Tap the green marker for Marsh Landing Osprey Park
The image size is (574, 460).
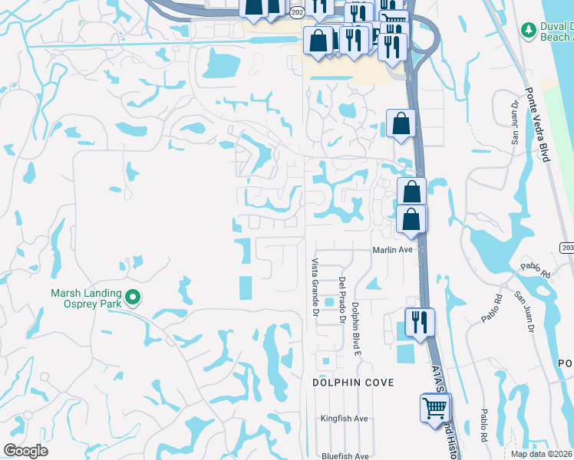[x=133, y=297]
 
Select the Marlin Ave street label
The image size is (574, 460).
[x=393, y=250]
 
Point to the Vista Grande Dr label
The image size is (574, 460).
[x=314, y=287]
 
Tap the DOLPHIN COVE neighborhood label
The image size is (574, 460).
[x=353, y=382]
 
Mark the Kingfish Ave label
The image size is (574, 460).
[x=345, y=419]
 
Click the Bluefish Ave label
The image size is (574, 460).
[x=345, y=456]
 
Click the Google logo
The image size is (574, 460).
[x=25, y=451]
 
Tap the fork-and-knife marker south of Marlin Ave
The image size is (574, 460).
[x=419, y=321]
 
